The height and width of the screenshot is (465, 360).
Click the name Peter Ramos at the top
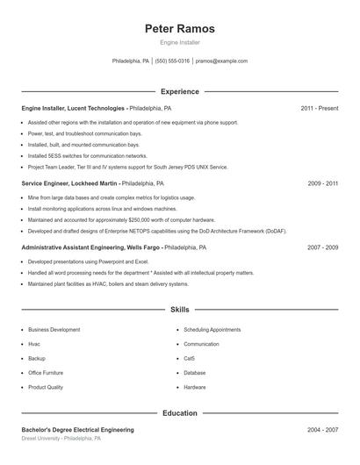(x=179, y=29)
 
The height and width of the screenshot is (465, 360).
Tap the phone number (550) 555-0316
(x=173, y=61)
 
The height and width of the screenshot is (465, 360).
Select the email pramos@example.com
(x=221, y=61)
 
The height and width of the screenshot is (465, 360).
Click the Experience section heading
(x=179, y=91)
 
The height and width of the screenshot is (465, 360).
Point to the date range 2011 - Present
(x=319, y=108)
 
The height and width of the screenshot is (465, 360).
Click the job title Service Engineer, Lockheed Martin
(x=70, y=184)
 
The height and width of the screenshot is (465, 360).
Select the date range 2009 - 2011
(x=323, y=184)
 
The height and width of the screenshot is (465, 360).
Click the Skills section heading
(x=179, y=310)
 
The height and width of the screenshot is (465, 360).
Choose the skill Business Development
(x=54, y=330)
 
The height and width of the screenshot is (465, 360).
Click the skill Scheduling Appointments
(x=212, y=330)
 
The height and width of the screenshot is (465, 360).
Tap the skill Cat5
(x=190, y=359)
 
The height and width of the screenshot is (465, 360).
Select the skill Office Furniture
(x=46, y=373)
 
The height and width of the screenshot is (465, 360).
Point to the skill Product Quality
(x=46, y=387)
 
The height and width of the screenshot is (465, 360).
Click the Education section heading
(x=179, y=413)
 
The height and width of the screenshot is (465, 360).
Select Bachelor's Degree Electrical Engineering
(x=78, y=430)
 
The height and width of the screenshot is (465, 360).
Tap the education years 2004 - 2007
(x=323, y=430)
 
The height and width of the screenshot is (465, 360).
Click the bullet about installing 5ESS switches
(x=75, y=155)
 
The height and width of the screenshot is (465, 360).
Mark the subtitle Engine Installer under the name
(x=179, y=42)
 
